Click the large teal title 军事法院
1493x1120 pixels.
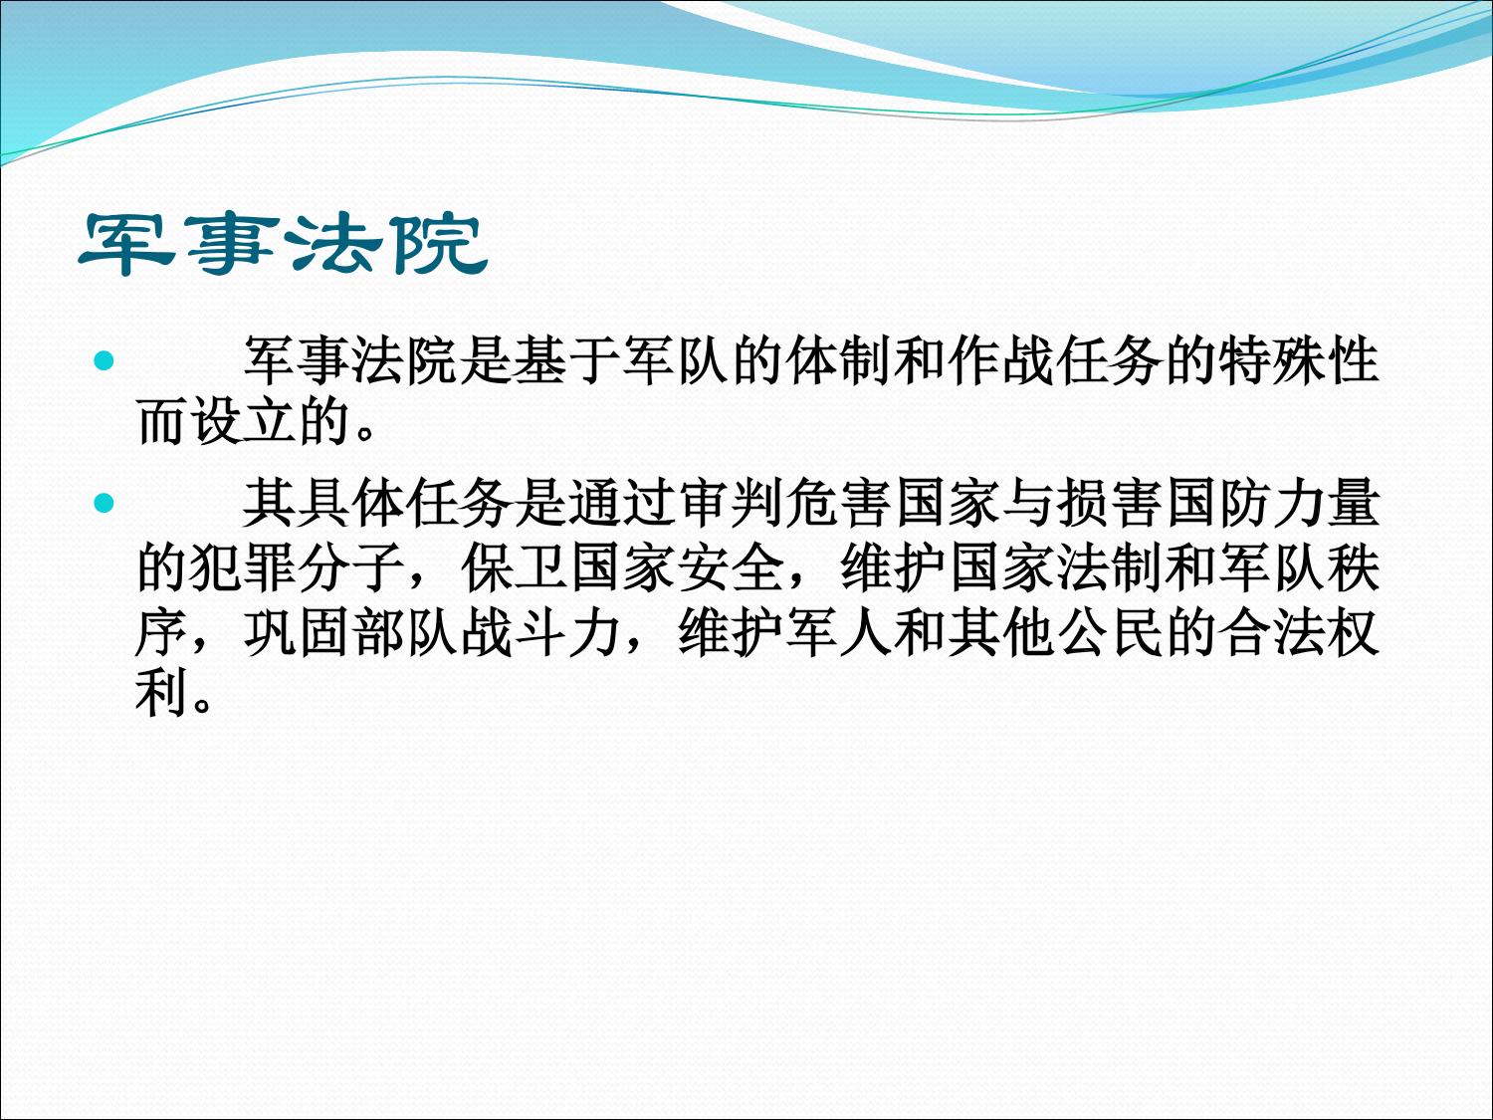pyautogui.click(x=284, y=244)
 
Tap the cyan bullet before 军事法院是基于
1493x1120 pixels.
pyautogui.click(x=105, y=360)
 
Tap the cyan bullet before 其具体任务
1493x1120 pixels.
pyautogui.click(x=105, y=504)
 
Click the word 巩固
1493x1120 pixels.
pyautogui.click(x=298, y=633)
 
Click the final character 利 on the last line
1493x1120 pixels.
pyautogui.click(x=162, y=694)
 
